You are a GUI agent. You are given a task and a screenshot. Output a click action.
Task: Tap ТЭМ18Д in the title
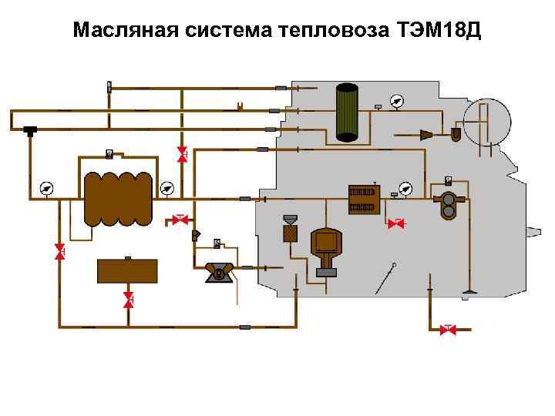(438, 31)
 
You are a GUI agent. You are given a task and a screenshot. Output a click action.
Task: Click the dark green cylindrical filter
(347, 113)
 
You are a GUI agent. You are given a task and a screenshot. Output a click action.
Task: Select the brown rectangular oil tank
(127, 270)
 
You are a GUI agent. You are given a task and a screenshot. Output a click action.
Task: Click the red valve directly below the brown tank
(129, 301)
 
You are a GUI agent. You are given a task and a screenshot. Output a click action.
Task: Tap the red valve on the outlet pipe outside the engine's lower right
(447, 329)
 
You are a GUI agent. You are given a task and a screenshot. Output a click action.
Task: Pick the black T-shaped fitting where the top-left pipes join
(31, 129)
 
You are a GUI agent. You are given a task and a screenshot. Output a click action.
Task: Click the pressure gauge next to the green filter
(396, 102)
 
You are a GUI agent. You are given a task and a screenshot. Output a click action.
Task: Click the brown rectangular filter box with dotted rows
(363, 199)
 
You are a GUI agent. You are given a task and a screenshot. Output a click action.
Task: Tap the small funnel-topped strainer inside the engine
(291, 228)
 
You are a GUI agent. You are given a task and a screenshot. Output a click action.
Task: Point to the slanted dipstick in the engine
(385, 280)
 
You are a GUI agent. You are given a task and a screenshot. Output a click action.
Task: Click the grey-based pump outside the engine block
(220, 272)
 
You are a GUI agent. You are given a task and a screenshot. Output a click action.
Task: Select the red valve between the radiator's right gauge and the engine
(181, 220)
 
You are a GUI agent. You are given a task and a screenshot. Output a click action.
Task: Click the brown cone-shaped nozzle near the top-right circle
(425, 134)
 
